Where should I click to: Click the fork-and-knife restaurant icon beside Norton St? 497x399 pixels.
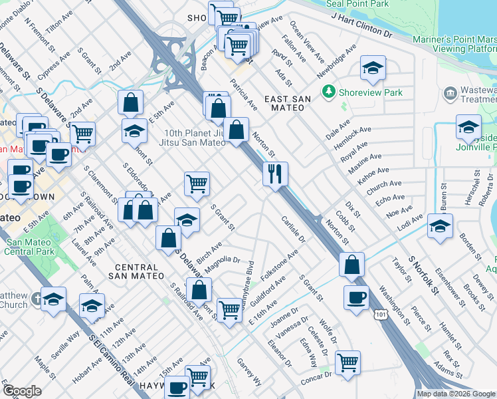point(274,174)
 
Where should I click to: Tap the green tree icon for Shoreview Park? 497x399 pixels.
point(327,90)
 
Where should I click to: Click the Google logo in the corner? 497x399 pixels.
point(22,391)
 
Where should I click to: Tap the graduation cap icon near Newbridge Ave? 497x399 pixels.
point(373,67)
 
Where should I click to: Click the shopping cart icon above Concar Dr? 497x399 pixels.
point(347,362)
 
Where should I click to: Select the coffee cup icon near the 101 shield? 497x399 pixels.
point(356,297)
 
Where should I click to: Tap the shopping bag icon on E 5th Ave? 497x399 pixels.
point(131,102)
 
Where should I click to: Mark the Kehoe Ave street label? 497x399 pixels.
point(371,172)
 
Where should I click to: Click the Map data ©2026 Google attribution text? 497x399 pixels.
point(456,394)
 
